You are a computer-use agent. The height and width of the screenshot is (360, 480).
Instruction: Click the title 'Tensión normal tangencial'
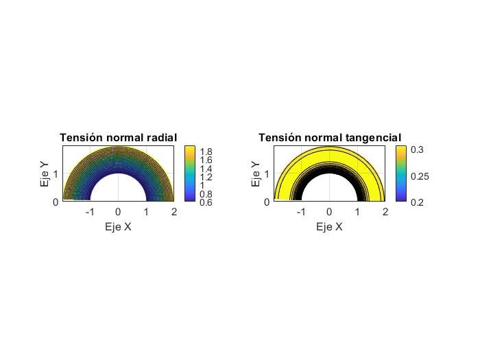(x=330, y=138)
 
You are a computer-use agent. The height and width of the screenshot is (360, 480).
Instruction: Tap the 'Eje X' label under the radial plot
(x=118, y=226)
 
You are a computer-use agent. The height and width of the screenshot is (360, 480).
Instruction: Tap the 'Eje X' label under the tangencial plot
(x=329, y=226)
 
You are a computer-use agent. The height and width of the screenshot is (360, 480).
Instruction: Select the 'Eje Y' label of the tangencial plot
(x=256, y=174)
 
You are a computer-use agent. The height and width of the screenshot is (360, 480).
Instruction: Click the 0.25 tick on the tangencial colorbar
(x=420, y=176)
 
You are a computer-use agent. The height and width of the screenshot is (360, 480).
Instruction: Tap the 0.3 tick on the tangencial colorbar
(x=418, y=149)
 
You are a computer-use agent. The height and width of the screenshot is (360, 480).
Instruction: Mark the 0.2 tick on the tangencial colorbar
(x=418, y=202)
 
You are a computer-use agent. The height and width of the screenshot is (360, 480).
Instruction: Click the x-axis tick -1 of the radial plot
(x=89, y=213)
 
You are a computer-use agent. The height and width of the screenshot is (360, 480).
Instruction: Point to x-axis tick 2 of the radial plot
(x=174, y=213)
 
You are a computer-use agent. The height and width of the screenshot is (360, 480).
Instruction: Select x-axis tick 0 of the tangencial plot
(x=329, y=213)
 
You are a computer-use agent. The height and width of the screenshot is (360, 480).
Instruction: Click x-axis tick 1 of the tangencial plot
(x=357, y=213)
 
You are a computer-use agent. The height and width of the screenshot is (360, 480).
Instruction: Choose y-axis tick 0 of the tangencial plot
(x=269, y=202)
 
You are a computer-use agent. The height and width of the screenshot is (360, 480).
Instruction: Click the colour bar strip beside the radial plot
(x=191, y=174)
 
